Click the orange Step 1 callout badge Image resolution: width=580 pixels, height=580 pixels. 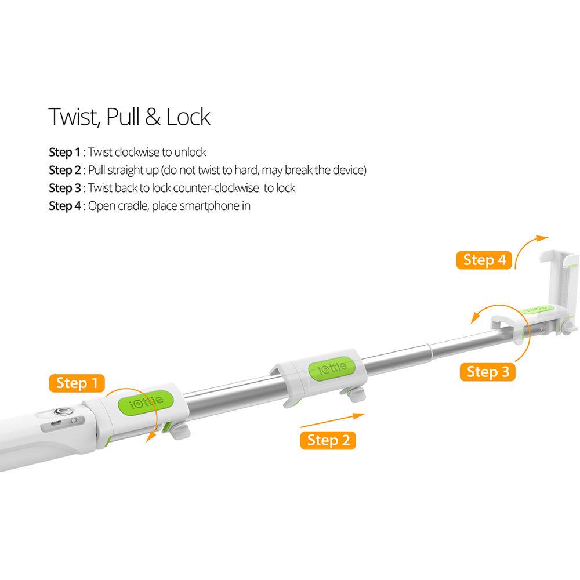(x=77, y=383)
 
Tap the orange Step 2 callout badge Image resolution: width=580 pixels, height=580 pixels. (x=328, y=441)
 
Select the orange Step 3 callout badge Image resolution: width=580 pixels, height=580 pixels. (x=488, y=372)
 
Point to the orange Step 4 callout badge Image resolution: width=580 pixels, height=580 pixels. (x=484, y=260)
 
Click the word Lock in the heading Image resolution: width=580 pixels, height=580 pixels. (x=188, y=117)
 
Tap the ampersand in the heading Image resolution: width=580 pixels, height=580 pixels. (x=153, y=117)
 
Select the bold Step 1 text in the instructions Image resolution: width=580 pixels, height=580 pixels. (x=65, y=152)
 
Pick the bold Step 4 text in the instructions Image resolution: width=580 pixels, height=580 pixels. (x=65, y=206)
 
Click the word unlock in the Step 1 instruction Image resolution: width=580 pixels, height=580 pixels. (x=190, y=152)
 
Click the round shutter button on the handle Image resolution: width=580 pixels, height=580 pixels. (x=60, y=411)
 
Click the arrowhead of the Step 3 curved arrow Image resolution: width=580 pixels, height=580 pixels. (x=474, y=318)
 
